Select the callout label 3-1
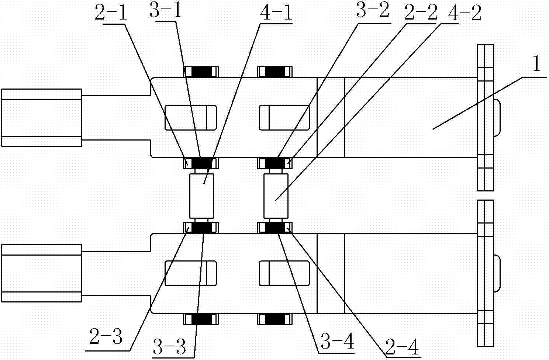tap(165, 13)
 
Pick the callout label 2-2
tap(421, 14)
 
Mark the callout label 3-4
tap(337, 343)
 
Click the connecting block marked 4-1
tap(201, 195)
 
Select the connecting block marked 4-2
tap(276, 195)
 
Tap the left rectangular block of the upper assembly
tap(41, 118)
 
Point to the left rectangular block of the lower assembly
tap(41, 273)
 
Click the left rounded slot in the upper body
tap(190, 118)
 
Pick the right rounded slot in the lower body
tap(284, 273)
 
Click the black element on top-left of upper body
tap(201, 72)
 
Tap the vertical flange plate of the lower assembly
tap(485, 273)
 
